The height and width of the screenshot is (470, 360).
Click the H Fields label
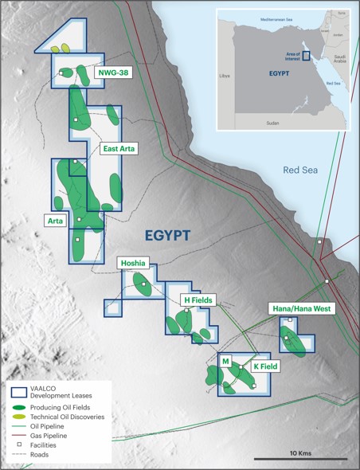[x=197, y=300]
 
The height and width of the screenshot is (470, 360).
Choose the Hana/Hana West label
[x=302, y=308]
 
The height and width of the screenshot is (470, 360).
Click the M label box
[x=226, y=362]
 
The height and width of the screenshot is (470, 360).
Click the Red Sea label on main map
[x=301, y=170]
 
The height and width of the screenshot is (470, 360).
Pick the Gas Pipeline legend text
[x=49, y=437]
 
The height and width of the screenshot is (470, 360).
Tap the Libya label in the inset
[x=225, y=76]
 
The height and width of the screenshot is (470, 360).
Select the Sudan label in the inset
[x=272, y=123]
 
